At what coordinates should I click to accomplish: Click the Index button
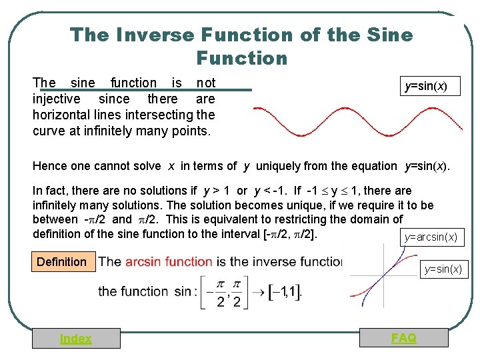(x=76, y=339)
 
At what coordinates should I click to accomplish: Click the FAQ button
(x=403, y=338)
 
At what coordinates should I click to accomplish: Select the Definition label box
(x=61, y=262)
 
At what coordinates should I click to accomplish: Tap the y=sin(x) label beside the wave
(x=432, y=87)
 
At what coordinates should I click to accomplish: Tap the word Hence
(x=49, y=166)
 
